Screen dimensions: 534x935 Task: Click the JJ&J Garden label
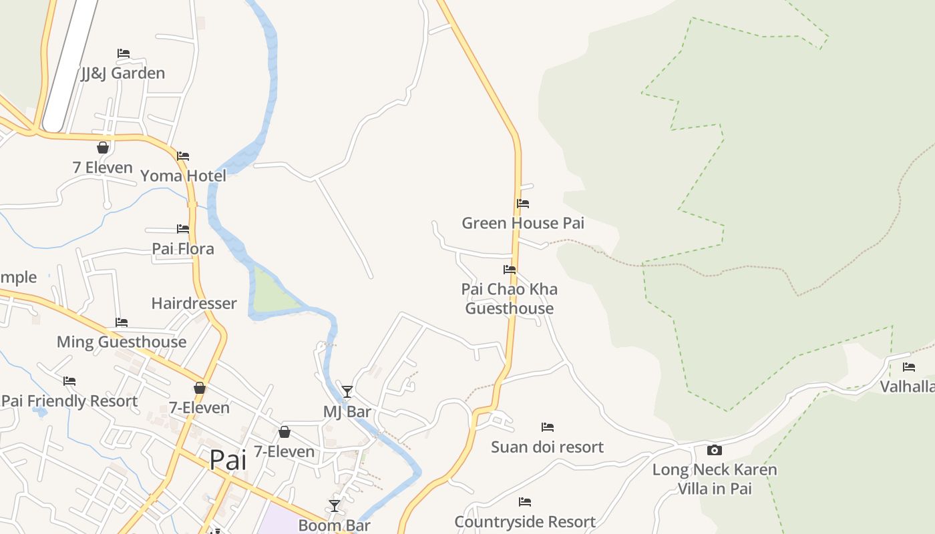tap(123, 73)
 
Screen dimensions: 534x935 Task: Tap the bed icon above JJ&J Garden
tap(124, 53)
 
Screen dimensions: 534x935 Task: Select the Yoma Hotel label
tap(183, 176)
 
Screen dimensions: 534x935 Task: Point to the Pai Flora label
tap(183, 249)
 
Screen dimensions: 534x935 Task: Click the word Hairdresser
tap(194, 304)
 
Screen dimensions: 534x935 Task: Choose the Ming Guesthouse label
tap(122, 342)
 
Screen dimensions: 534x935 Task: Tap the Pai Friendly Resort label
tap(69, 401)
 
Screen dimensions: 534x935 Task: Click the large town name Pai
tap(228, 459)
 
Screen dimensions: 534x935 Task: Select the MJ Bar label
tap(347, 412)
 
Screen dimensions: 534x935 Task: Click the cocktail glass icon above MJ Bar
tap(347, 392)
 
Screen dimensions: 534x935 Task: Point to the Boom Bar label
tap(334, 525)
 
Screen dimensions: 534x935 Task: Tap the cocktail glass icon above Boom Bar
tap(335, 506)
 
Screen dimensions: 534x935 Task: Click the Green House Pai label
tap(523, 223)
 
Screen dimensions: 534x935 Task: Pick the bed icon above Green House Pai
tap(523, 204)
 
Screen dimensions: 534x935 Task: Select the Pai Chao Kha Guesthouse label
tap(510, 298)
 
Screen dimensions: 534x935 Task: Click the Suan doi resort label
tap(547, 447)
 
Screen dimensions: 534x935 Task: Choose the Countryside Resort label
tap(525, 521)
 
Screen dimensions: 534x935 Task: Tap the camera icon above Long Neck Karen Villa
tap(714, 451)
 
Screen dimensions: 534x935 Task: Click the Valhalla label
tap(907, 386)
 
